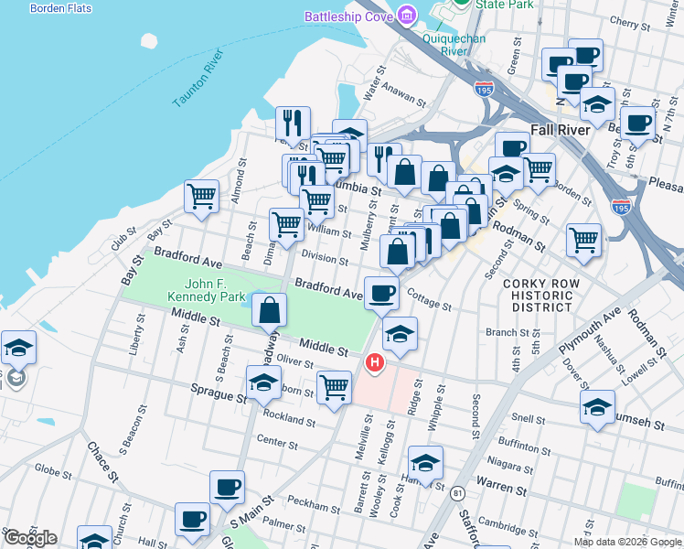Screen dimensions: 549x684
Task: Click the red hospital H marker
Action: [374, 364]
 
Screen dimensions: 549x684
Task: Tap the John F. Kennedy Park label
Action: [206, 290]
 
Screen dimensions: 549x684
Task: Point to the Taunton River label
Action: [198, 80]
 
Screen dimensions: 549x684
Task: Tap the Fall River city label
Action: [560, 130]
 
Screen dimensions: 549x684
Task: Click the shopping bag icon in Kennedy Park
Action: [270, 311]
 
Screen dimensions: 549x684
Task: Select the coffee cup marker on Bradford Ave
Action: [381, 293]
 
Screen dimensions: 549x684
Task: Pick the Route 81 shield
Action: [456, 493]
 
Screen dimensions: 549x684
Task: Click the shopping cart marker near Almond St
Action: [201, 195]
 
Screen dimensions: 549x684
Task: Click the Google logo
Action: [30, 538]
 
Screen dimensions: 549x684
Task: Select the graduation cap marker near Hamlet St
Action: [425, 462]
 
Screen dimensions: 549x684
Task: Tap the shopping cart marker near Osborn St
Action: [334, 387]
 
